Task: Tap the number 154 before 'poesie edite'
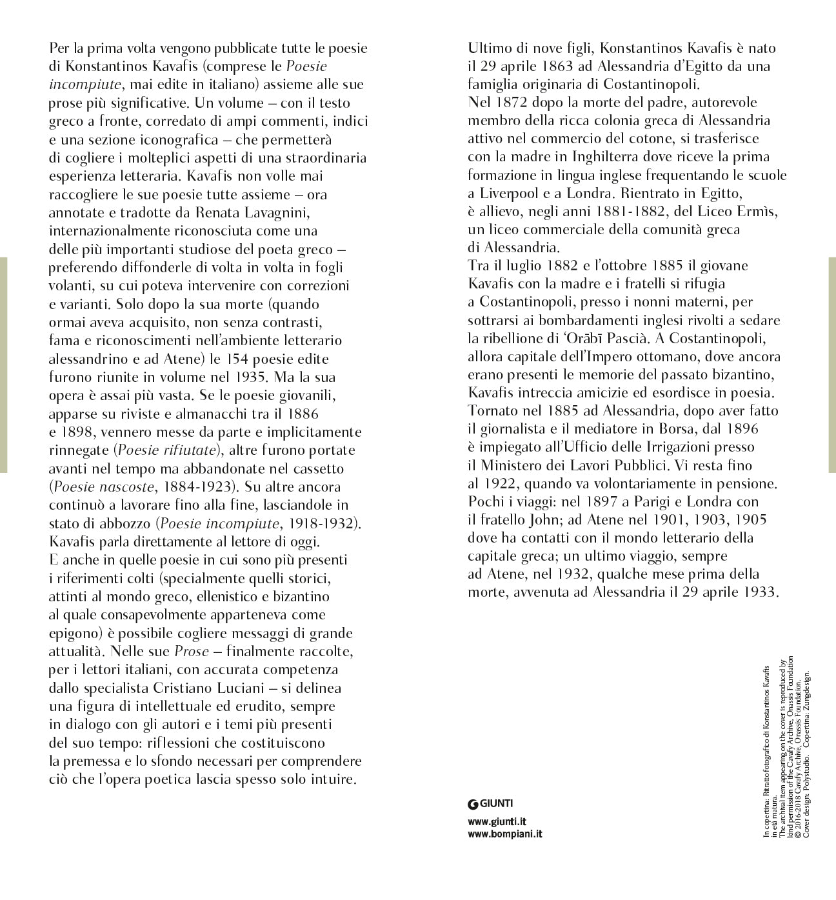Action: [x=254, y=359]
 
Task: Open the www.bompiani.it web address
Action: [x=504, y=834]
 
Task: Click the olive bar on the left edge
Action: [x=3, y=365]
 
